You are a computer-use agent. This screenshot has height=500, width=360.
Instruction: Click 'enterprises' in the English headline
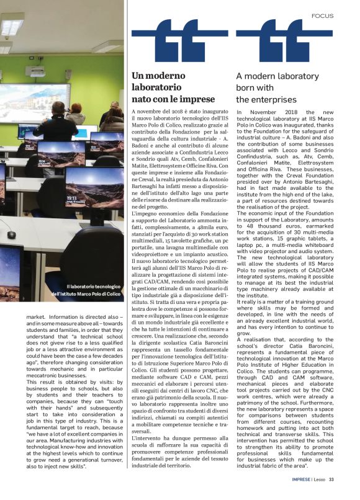coord(261,99)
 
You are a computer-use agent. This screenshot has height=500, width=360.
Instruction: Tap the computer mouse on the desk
coord(11,234)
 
